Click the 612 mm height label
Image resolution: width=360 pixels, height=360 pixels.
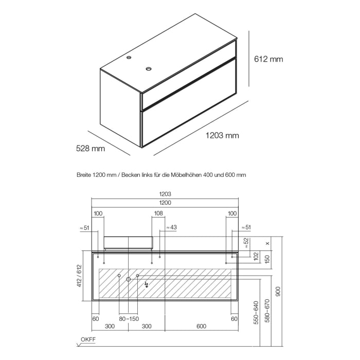coord(269,59)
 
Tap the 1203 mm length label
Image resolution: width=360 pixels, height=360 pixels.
coord(222,136)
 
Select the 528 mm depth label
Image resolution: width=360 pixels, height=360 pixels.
coord(91,149)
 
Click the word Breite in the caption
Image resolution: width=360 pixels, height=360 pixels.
coord(84,175)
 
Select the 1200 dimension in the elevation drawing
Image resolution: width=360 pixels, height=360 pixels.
coord(165,203)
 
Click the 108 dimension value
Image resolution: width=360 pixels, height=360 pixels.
coord(158,213)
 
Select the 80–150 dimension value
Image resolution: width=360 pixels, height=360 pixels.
coord(128,319)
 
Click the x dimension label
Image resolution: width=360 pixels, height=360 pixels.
coord(268,243)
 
